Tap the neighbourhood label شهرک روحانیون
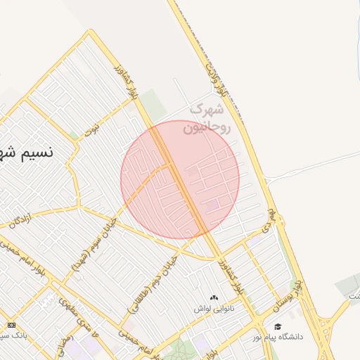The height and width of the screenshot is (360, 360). tap(206, 119)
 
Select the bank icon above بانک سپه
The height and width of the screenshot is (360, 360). tap(11, 325)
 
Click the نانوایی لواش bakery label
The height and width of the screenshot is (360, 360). tap(214, 308)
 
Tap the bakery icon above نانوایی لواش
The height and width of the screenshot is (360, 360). tap(214, 297)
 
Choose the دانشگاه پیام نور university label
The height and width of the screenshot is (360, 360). tap(279, 337)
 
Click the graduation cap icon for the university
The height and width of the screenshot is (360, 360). tap(278, 327)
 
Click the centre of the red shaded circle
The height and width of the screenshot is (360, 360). tap(180, 179)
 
